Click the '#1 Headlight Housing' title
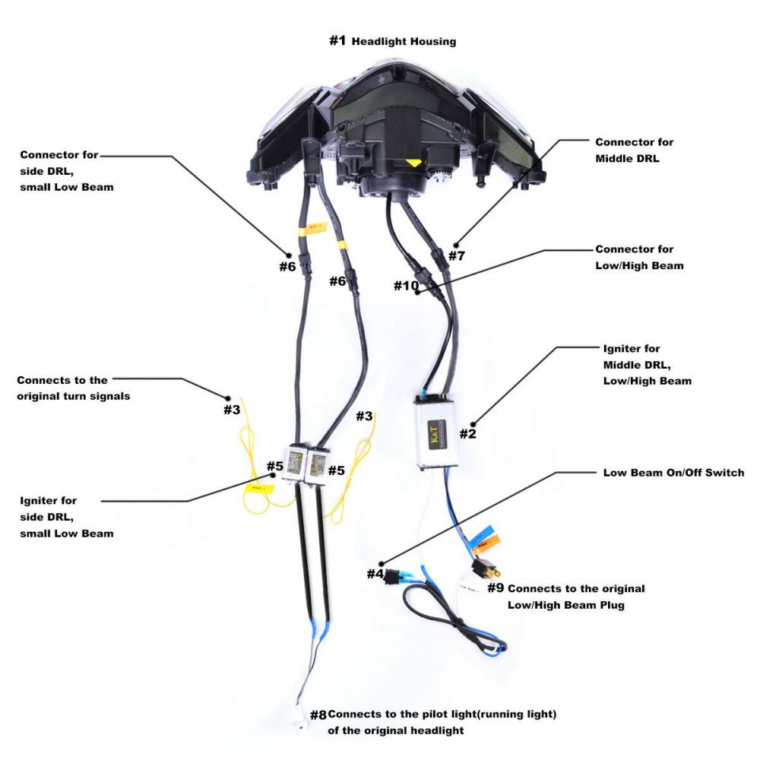click(x=393, y=41)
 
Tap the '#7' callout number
click(x=456, y=256)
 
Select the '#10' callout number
click(x=406, y=286)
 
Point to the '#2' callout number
click(x=467, y=434)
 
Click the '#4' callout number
click(x=375, y=574)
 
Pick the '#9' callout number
click(x=496, y=587)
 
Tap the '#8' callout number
click(x=318, y=715)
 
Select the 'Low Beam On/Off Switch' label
click(x=673, y=473)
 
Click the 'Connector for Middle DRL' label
click(x=634, y=150)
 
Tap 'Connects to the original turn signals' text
click(x=73, y=388)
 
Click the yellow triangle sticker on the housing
click(x=413, y=163)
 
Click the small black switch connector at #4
click(x=393, y=575)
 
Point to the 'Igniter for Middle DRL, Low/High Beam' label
click(x=647, y=365)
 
